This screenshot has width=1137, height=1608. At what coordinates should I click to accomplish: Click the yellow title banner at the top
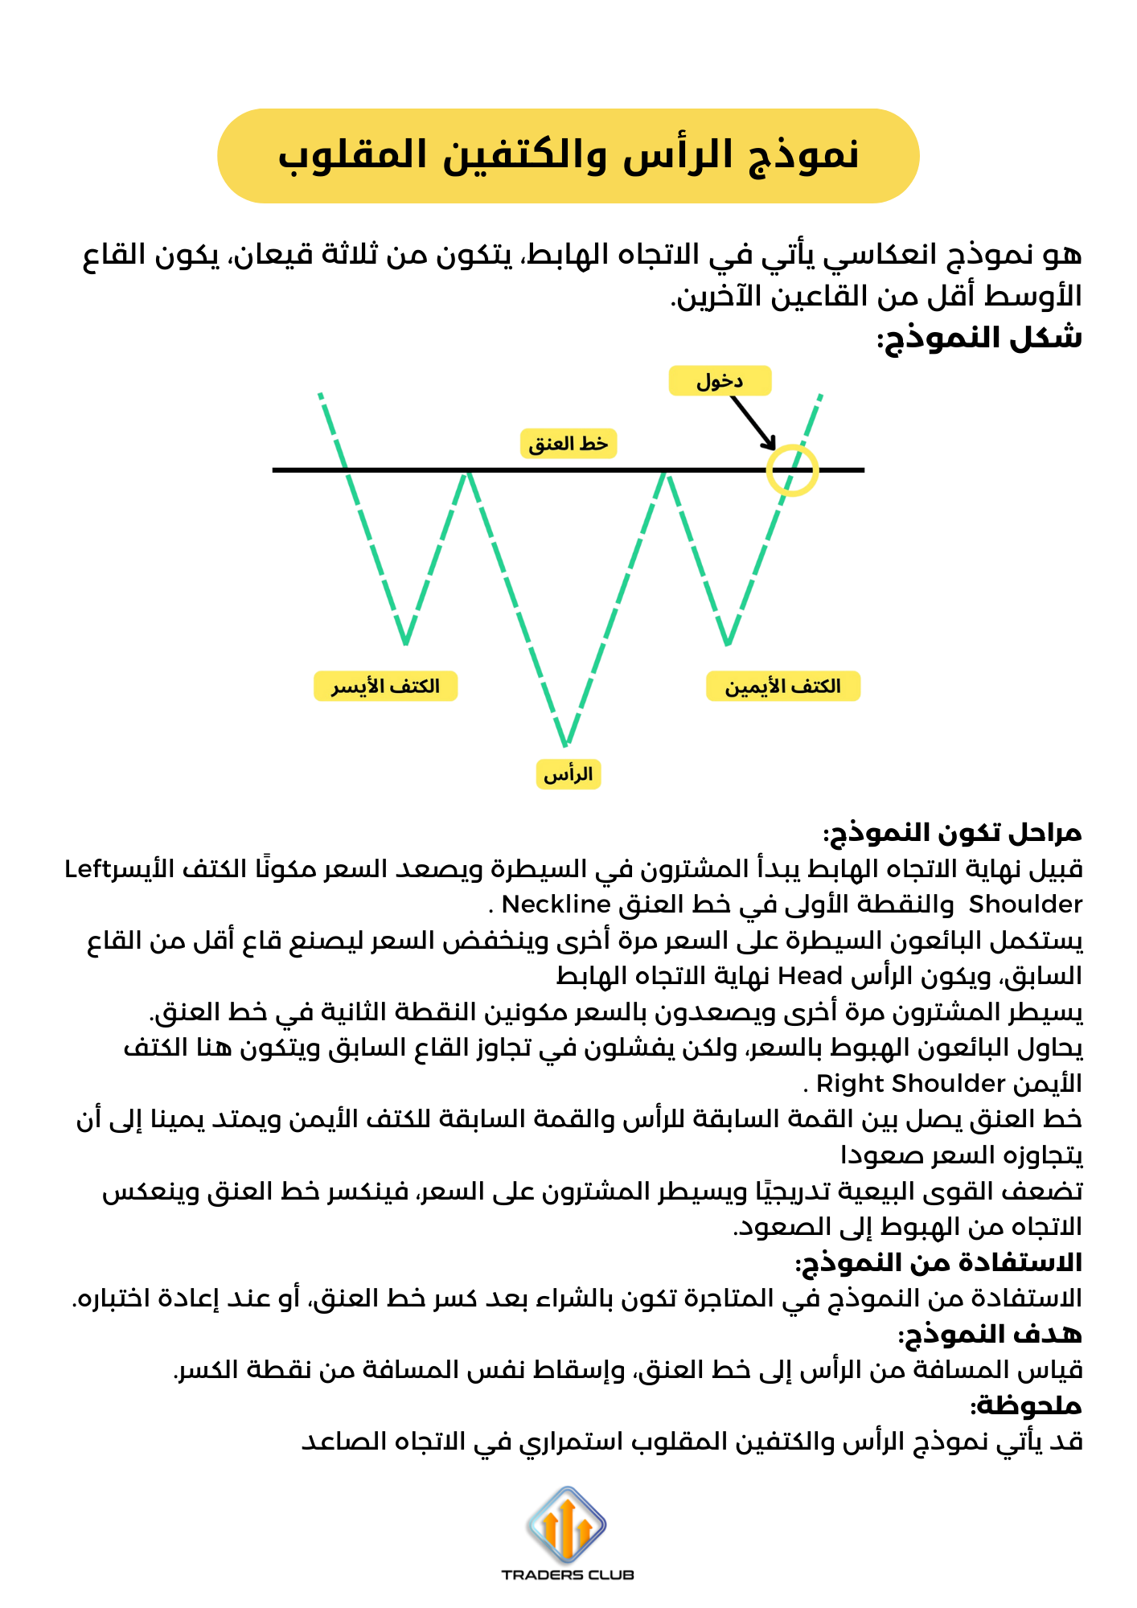pos(568,155)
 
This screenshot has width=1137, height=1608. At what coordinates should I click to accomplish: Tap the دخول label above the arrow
pos(720,381)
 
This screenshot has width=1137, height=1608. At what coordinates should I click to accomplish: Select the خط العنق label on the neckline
pos(568,444)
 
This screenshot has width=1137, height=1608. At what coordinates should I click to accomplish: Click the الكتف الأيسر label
pos(385,687)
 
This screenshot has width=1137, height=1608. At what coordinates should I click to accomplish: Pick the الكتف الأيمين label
pos(782,687)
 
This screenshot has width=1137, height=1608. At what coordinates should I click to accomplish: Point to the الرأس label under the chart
pos(568,774)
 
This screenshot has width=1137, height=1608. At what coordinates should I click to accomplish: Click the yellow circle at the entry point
pos(792,470)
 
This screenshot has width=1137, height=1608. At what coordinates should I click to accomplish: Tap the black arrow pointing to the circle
pos(753,423)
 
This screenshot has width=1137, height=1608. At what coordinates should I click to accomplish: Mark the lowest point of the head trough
pos(565,743)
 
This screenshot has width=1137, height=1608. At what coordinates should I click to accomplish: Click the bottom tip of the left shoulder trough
pos(406,643)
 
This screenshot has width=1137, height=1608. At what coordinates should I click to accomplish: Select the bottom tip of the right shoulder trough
pos(727,644)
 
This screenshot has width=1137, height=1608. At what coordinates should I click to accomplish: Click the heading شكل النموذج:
pos(979,338)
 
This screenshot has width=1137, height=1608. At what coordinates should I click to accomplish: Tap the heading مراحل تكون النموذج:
pos(952,833)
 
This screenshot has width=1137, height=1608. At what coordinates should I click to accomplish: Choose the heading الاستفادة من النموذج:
pos(938,1262)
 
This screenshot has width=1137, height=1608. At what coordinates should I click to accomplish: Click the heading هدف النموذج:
pos(990,1335)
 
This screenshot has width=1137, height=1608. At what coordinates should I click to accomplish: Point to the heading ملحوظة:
pos(1026,1406)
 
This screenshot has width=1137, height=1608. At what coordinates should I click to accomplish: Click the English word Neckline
pos(556,904)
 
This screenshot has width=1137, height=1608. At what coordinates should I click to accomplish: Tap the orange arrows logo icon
pos(567,1524)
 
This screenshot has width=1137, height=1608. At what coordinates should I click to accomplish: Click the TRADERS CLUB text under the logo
pos(568,1575)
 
